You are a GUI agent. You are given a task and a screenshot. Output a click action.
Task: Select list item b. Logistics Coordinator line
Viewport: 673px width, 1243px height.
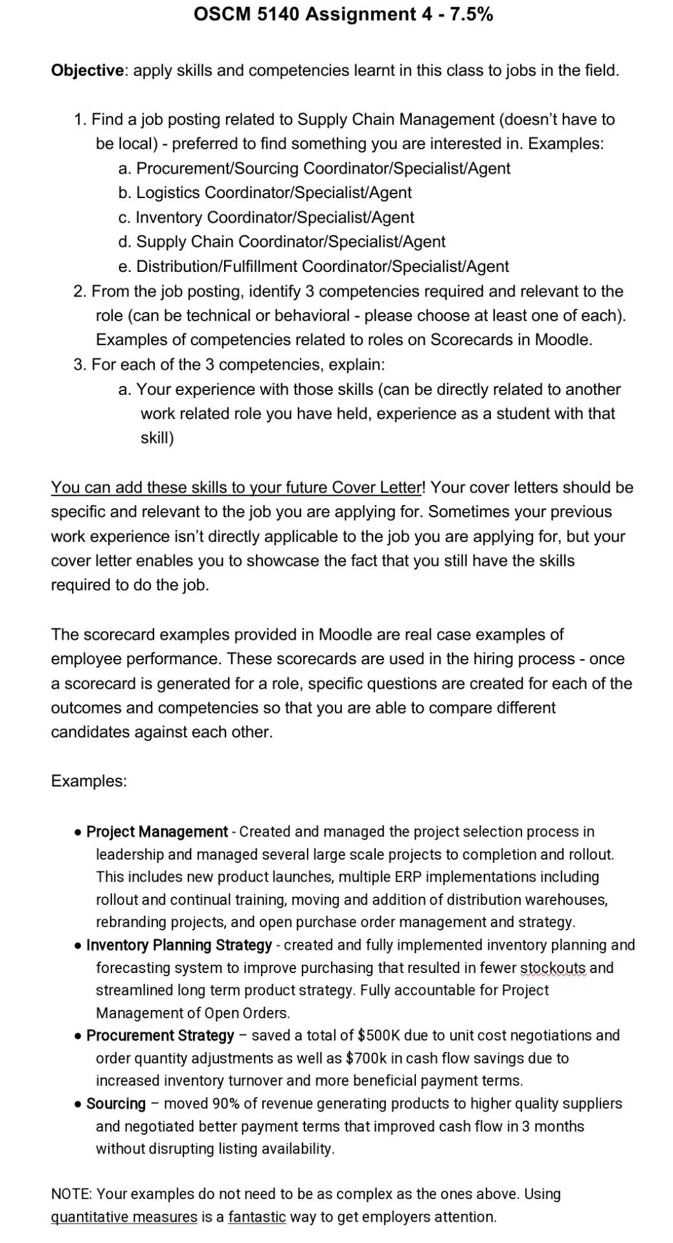click(x=265, y=193)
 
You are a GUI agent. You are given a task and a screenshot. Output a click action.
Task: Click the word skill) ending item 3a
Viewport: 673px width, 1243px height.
click(x=157, y=438)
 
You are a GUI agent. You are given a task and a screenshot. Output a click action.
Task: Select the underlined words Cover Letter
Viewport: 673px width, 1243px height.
click(x=376, y=487)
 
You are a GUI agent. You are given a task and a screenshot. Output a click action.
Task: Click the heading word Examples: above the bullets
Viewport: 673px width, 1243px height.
click(x=89, y=781)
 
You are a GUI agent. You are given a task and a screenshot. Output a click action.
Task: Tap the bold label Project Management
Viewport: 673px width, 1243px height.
click(x=157, y=832)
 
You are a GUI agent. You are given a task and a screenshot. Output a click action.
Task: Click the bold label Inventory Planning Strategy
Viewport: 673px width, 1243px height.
click(x=179, y=946)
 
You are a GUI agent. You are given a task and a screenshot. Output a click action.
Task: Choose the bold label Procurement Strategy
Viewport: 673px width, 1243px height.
click(x=160, y=1036)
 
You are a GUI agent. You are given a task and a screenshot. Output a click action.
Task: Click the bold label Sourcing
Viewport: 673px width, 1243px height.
click(x=116, y=1104)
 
